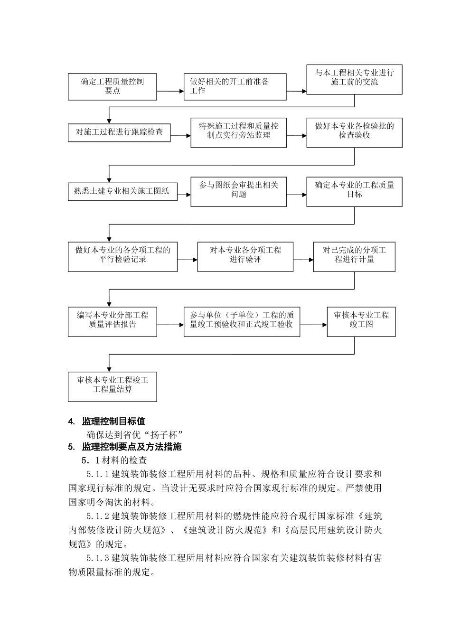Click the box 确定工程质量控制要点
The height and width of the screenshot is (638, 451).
(112, 86)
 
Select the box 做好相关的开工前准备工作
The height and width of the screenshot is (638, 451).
(235, 86)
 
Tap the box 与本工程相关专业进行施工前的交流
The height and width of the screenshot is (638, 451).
(354, 79)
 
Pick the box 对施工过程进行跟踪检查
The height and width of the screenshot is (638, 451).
(119, 132)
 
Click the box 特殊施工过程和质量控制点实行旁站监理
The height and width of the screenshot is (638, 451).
(238, 132)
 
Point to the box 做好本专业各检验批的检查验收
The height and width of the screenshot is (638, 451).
(354, 132)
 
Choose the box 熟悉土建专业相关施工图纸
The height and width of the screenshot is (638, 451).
(122, 191)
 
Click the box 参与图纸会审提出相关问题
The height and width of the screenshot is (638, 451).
(238, 191)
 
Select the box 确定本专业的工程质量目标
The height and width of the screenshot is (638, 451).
(354, 191)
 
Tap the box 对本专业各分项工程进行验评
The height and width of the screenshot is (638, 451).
(245, 256)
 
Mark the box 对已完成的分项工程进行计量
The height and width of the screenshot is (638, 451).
(354, 256)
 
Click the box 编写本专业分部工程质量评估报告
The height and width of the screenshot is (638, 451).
(112, 321)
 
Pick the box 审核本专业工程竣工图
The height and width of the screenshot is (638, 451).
(361, 321)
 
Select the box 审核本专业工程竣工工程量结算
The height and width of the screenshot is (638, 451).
(112, 386)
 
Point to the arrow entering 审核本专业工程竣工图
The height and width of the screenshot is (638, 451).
(313, 325)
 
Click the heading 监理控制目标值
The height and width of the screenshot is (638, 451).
(113, 421)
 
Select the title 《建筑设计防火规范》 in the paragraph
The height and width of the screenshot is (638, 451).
(225, 531)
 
